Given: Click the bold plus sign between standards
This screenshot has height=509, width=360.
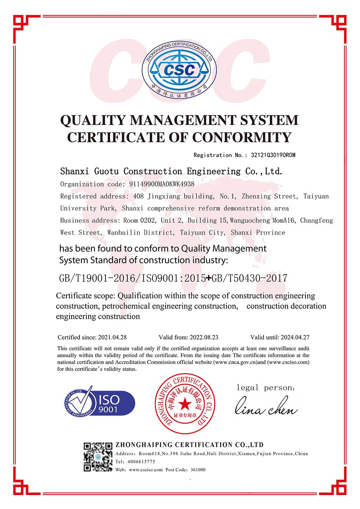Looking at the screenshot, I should (209, 278).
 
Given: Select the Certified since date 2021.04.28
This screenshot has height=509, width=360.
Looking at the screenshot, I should (112, 337).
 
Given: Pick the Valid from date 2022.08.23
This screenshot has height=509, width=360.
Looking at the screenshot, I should (204, 337).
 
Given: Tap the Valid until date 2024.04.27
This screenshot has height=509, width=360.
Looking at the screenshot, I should (295, 337).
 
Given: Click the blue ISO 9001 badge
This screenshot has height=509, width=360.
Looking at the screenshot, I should (100, 403).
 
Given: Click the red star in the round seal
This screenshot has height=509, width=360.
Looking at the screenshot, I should (184, 405).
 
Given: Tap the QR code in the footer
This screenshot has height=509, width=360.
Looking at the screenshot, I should (98, 457).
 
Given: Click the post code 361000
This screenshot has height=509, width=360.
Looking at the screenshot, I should (198, 470).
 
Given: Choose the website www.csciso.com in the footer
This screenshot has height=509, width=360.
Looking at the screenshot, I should (146, 470).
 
